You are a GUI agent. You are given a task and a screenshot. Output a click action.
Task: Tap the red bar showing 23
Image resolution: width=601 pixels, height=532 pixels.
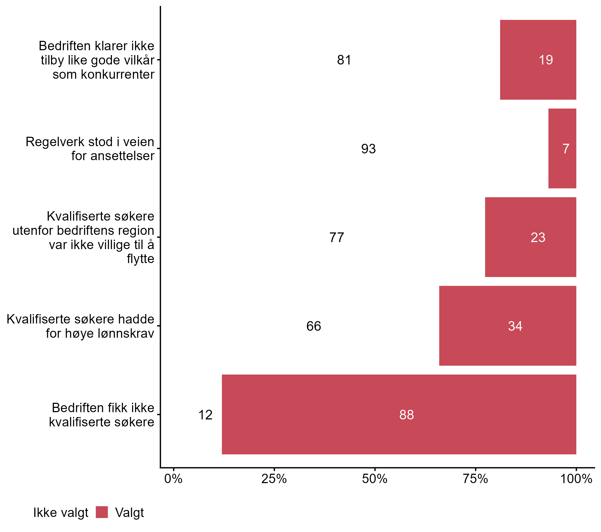[530, 237]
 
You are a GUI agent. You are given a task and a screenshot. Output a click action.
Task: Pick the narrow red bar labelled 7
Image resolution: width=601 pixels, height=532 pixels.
[562, 149]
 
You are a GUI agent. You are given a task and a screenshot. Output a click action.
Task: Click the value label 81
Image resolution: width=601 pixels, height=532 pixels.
[344, 60]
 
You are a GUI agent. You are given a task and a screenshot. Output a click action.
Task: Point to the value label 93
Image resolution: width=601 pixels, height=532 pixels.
[368, 149]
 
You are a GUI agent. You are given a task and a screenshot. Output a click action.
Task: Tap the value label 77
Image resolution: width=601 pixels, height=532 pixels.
[336, 237]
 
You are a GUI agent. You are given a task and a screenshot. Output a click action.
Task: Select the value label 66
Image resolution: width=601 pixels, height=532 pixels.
[313, 326]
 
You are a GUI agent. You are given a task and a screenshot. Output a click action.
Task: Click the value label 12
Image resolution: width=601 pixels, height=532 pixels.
[205, 415]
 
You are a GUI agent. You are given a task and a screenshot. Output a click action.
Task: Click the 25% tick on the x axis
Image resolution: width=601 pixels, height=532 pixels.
[274, 479]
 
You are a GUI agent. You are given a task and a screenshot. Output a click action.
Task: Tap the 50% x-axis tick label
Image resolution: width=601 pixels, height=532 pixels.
[375, 479]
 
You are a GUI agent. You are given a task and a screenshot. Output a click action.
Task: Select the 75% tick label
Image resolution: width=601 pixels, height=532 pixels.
[475, 479]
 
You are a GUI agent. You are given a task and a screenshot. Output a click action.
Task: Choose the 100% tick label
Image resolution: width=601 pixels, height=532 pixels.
[576, 479]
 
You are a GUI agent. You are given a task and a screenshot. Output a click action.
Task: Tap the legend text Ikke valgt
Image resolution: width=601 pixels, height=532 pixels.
[61, 513]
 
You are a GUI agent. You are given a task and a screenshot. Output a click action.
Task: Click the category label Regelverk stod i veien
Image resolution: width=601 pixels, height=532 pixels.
[90, 149]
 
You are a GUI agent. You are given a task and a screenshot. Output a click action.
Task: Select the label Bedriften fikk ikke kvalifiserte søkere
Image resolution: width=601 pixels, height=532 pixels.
[101, 415]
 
